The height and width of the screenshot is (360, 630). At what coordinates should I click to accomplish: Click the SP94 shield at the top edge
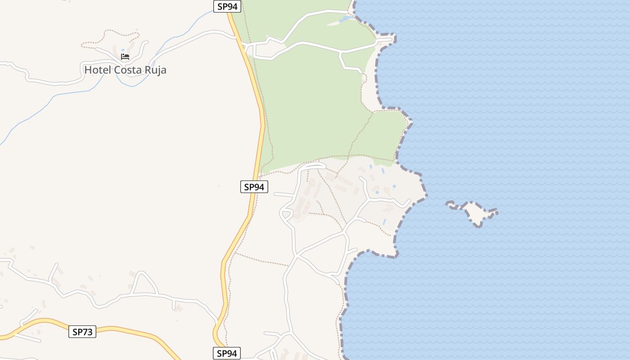pyautogui.click(x=227, y=6)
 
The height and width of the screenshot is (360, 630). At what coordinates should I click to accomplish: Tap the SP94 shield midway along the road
pyautogui.click(x=254, y=187)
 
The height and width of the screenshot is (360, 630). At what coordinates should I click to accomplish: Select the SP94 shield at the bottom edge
pyautogui.click(x=227, y=353)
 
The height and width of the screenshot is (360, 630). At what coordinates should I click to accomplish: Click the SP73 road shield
pyautogui.click(x=82, y=332)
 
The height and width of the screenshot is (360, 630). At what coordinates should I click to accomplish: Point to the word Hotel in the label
pyautogui.click(x=97, y=70)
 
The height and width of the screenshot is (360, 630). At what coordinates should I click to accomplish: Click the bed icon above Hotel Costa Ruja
pyautogui.click(x=125, y=57)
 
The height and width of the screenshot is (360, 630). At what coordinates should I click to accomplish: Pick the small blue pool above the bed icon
pyautogui.click(x=123, y=50)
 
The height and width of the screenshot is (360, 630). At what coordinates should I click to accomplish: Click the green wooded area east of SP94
pyautogui.click(x=310, y=108)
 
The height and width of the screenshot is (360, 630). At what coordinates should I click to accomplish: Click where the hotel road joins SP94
pyautogui.click(x=238, y=39)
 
